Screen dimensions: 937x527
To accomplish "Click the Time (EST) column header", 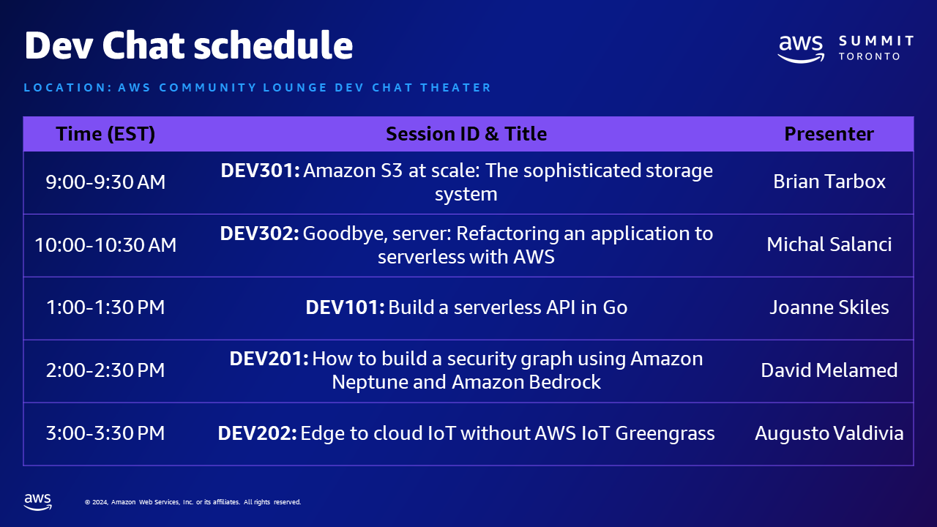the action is click(105, 134).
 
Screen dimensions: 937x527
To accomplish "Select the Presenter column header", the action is click(829, 134).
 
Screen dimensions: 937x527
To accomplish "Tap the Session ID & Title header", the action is click(466, 134).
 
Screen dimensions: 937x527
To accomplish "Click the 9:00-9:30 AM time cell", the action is click(105, 182).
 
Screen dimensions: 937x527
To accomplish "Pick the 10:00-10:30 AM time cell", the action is click(105, 244).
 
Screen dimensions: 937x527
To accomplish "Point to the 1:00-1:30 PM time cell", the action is click(105, 307).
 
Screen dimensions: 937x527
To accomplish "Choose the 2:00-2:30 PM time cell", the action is click(105, 370).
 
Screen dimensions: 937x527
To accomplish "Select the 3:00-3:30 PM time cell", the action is click(105, 433).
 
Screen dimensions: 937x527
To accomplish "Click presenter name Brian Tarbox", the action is click(829, 182).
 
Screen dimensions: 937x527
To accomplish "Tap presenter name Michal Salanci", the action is click(829, 244).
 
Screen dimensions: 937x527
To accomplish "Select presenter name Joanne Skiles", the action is click(829, 307).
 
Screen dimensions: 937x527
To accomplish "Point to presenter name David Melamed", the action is click(829, 370).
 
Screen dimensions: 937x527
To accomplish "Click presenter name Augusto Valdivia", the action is click(829, 433).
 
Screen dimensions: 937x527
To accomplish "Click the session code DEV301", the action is click(260, 171).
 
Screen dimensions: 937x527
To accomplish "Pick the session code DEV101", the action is click(345, 307).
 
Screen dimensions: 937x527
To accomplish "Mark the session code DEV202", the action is click(257, 433).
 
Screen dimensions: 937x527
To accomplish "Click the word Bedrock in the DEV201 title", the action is click(564, 382).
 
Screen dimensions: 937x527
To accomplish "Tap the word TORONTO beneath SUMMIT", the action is click(869, 56).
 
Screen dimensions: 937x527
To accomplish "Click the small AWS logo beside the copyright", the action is click(37, 502).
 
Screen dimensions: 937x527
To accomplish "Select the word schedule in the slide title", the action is click(273, 45).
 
